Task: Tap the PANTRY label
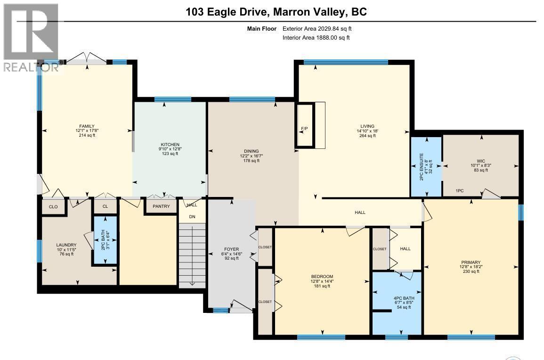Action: (161, 206)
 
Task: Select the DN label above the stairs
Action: (192, 217)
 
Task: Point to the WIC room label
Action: (481, 160)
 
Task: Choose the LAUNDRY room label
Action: (66, 245)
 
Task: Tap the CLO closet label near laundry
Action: (53, 207)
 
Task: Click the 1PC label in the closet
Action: (460, 191)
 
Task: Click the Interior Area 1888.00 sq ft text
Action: (316, 38)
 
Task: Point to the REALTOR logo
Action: (31, 38)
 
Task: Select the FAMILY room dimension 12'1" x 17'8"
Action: (87, 131)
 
